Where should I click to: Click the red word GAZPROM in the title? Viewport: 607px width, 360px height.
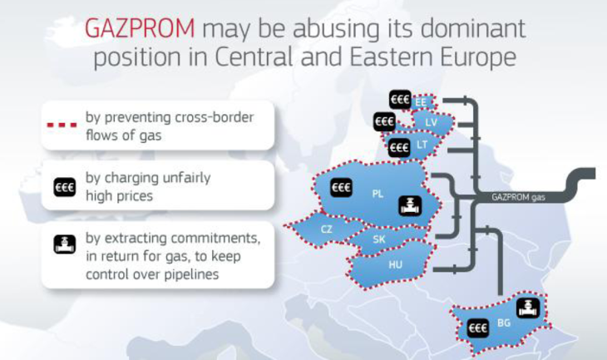pos(140,28)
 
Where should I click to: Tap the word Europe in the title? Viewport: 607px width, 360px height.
pos(478,57)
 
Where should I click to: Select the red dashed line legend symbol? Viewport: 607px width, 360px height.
pos(62,125)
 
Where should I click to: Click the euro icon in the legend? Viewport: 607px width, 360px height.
pos(65,187)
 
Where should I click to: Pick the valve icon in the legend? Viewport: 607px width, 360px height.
pos(65,244)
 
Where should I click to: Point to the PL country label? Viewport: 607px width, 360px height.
pos(378,194)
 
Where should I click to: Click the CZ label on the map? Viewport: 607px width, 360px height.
pos(326,229)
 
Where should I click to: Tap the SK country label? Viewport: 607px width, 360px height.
pos(379,239)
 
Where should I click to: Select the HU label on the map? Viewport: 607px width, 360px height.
pos(395,264)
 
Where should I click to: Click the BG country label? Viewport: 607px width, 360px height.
pos(504,323)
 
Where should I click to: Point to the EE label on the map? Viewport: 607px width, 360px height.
pos(421,102)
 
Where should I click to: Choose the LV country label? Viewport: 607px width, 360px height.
pos(431,123)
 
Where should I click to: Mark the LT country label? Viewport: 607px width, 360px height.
pos(422,145)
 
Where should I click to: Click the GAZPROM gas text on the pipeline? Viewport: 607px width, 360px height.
pos(518,197)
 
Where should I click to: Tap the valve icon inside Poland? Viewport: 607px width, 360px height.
pos(410,205)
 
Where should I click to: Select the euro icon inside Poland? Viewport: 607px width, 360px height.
pos(342,187)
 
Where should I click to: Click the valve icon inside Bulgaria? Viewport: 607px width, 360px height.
pos(528,308)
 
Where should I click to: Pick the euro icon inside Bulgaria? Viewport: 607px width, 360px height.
pos(478,328)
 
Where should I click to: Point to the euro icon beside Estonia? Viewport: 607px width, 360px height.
pos(400,100)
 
